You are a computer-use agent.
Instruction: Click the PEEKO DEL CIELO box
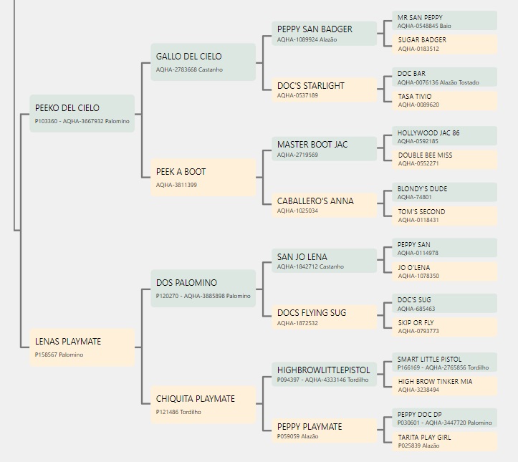coord(82,114)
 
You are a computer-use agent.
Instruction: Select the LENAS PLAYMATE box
coord(82,347)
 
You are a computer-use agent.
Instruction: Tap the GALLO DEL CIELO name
coord(188,57)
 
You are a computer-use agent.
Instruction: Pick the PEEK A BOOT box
coord(203,178)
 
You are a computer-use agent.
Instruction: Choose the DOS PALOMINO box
coord(203,289)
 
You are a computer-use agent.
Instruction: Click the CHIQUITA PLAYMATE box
coord(203,405)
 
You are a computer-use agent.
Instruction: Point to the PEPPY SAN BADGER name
coord(315,29)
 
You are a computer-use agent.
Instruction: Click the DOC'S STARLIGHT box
coord(324,90)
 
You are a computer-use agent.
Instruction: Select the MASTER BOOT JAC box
coord(324,149)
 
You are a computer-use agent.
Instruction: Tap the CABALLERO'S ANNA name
coord(315,201)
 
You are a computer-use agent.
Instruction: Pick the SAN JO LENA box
coord(324,261)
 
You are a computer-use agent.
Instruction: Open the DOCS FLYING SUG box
coord(324,317)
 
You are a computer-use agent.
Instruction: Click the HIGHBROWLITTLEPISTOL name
coord(323,370)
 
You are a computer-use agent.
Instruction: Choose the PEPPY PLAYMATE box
coord(324,430)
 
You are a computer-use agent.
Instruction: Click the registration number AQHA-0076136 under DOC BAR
coord(417,82)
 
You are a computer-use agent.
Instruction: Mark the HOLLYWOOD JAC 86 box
coord(445,135)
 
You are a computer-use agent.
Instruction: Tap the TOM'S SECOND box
coord(445,216)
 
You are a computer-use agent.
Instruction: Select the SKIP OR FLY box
coord(445,327)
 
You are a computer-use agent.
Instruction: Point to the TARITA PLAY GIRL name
coord(424,438)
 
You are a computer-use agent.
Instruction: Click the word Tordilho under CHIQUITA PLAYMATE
coord(191,412)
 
